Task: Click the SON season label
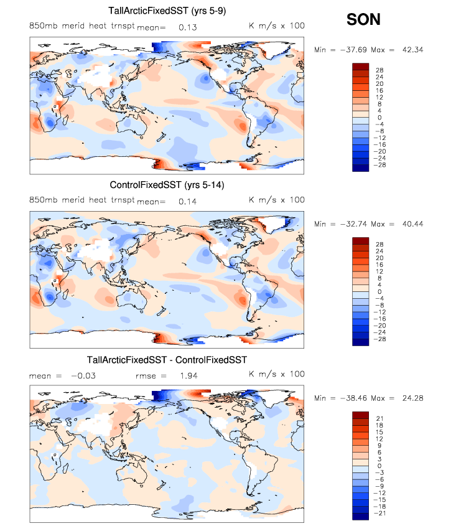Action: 363,20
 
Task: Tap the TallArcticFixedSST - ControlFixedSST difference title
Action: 167,360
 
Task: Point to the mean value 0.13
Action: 187,27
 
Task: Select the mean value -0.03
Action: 82,375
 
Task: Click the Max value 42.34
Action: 410,50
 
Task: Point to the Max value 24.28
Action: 410,398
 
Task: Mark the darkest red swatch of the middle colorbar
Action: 361,241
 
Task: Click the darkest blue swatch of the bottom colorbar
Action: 361,515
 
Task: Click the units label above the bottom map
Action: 277,374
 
